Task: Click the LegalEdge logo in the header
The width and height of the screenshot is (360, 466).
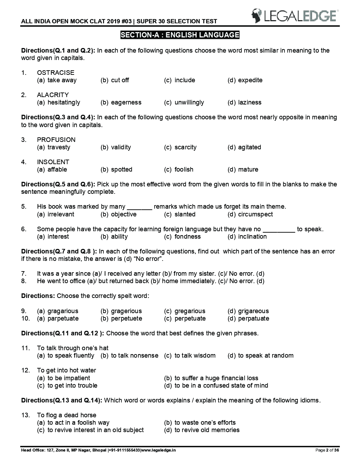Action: [x=295, y=16]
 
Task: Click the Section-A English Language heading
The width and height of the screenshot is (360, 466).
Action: [x=180, y=35]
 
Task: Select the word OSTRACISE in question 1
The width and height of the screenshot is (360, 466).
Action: [x=55, y=73]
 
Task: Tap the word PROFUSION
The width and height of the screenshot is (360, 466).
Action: [x=56, y=140]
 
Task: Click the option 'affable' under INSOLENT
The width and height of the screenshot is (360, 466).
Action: [x=57, y=169]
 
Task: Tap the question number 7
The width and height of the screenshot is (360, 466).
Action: [x=24, y=274]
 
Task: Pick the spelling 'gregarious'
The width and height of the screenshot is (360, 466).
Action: [x=190, y=311]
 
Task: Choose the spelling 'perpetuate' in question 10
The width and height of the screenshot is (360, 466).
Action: [x=190, y=318]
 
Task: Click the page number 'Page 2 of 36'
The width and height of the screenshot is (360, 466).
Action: [x=327, y=450]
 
